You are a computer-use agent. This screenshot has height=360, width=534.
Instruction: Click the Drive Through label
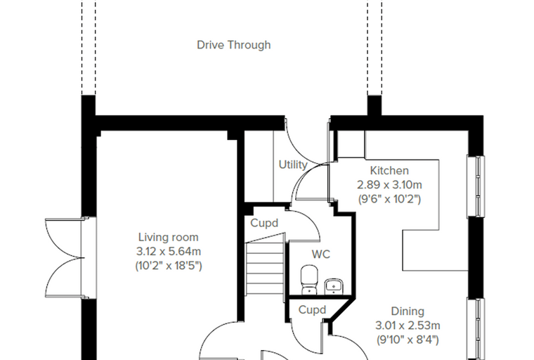click(x=233, y=45)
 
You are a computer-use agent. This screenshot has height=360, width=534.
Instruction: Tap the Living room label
click(x=168, y=237)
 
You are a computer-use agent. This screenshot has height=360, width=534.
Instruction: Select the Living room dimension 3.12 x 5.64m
click(x=169, y=252)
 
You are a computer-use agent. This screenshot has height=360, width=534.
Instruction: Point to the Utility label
click(x=293, y=165)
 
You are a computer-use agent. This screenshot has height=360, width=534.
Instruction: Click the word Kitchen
click(x=389, y=170)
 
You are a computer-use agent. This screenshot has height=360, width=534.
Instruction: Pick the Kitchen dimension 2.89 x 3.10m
click(x=389, y=185)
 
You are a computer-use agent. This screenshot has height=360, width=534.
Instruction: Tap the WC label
click(x=321, y=255)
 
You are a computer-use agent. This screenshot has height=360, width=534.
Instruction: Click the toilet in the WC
click(x=309, y=280)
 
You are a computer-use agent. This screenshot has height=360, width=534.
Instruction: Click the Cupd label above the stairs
click(x=264, y=224)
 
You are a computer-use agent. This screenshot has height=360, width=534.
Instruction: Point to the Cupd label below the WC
click(x=312, y=310)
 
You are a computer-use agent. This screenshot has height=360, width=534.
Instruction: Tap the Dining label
click(x=408, y=311)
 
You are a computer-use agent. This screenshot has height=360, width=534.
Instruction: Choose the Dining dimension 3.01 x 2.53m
click(x=408, y=326)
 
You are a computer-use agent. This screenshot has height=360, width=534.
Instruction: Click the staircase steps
click(x=265, y=269)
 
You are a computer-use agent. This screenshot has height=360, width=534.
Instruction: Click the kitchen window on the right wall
click(x=476, y=186)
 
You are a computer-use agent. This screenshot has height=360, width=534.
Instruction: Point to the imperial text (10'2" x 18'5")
click(x=169, y=266)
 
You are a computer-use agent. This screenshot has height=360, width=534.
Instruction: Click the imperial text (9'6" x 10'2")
click(x=389, y=199)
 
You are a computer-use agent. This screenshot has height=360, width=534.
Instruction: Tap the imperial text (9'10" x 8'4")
click(x=408, y=340)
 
